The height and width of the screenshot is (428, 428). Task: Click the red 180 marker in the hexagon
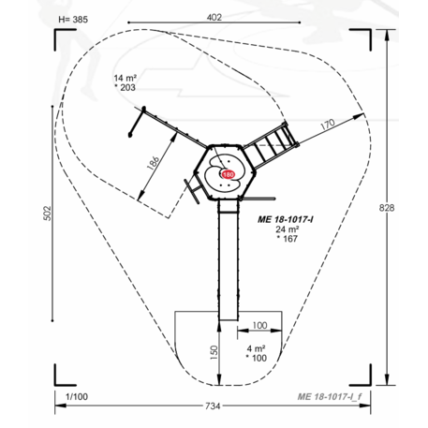tap(229, 174)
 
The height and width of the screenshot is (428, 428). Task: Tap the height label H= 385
tap(73, 20)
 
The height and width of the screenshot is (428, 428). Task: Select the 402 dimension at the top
tap(214, 18)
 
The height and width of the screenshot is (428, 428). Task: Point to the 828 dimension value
tap(387, 208)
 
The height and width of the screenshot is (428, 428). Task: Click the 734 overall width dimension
tap(213, 406)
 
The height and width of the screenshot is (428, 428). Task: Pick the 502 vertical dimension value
tap(47, 214)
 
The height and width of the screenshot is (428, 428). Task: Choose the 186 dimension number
tap(154, 162)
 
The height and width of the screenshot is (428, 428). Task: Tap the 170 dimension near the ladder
tap(328, 125)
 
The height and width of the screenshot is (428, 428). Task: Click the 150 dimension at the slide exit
tap(214, 352)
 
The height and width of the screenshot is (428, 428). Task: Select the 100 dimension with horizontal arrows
tap(259, 325)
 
